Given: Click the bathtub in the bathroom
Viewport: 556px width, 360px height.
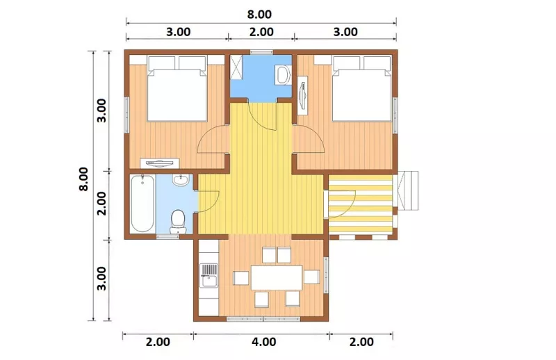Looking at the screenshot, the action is [142, 203].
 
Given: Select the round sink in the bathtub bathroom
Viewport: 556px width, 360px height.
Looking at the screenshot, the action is [181, 180].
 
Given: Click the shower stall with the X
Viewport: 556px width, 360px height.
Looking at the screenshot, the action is [236, 67].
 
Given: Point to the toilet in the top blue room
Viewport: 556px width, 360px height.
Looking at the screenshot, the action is [284, 74].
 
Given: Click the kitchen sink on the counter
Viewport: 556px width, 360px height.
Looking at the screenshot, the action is [209, 275].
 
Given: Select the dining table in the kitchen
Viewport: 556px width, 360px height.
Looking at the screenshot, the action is [277, 277].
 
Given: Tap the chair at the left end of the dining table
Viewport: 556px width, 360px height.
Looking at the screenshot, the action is [240, 278].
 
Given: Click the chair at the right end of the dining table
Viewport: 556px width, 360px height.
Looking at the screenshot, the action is [311, 277].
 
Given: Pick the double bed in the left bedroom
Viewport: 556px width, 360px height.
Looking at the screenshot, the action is [177, 89].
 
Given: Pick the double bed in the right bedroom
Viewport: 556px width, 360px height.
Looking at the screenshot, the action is [361, 89].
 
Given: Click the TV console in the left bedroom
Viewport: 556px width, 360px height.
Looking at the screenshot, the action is [160, 163].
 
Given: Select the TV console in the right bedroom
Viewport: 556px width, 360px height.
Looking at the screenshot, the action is [302, 95].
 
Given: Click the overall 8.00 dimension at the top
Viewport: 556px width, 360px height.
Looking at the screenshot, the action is [259, 14].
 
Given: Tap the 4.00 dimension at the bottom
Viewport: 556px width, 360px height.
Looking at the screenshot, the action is [264, 342].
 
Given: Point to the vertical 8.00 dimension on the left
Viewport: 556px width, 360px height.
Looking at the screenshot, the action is [83, 179].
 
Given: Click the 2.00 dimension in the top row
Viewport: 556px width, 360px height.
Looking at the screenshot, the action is [261, 32].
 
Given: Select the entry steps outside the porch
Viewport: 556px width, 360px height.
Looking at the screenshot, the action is [408, 190].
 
